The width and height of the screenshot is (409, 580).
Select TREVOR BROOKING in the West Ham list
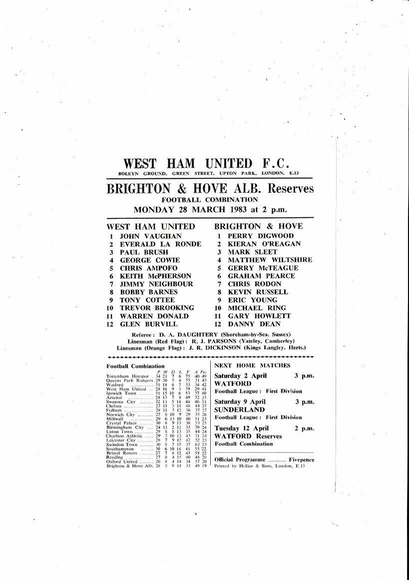point(156,308)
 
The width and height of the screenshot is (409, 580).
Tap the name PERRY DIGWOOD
point(261,236)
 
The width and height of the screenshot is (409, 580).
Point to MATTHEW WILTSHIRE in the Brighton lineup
point(270,260)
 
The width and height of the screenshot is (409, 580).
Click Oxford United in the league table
point(121,461)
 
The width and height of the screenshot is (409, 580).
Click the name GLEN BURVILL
point(150,324)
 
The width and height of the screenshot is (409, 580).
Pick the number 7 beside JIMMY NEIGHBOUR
point(110,284)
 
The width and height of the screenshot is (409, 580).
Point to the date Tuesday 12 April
point(241,428)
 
